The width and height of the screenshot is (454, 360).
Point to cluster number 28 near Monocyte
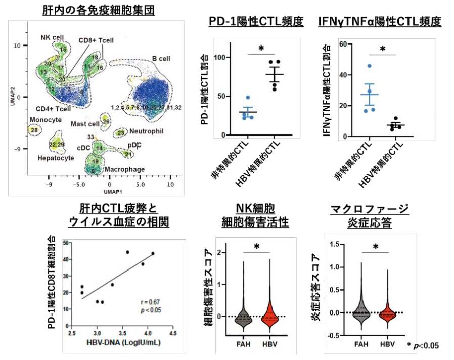point(34,130)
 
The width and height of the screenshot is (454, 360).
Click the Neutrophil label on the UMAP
point(143,130)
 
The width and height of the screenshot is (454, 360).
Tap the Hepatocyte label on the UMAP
point(55,158)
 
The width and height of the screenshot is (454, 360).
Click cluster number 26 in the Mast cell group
point(105,121)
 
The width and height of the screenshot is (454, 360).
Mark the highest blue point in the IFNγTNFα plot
point(370,66)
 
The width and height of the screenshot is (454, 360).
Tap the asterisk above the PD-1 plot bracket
point(261,49)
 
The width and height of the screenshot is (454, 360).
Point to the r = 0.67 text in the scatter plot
point(151,301)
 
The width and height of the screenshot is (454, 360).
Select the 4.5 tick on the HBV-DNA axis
point(173,334)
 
